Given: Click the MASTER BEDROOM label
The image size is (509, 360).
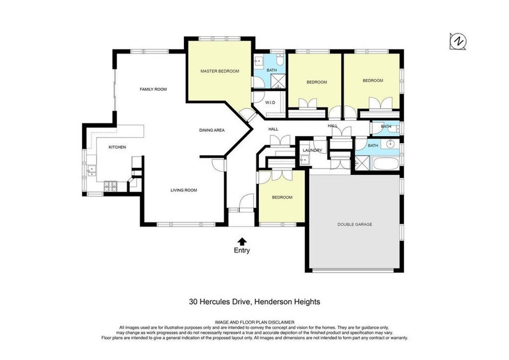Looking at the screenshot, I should pos(220,71).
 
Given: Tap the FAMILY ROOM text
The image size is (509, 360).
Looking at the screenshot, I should pos(153,89).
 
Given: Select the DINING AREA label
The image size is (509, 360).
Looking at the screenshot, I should pos(212,130).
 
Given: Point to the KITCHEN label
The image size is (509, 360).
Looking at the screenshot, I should pos(117,148).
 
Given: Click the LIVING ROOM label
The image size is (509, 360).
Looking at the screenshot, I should pos(183,190).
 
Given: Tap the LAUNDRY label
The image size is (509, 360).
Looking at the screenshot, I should pos(312,151).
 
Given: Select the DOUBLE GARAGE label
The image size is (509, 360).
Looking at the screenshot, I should pos(354,225).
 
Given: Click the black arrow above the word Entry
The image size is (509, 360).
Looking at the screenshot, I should pos(242,240).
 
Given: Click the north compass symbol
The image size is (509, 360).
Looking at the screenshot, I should pos(457,41).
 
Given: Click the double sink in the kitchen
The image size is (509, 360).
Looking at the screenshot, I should pos(92,170).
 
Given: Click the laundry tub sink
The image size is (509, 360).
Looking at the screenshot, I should pos(303,160).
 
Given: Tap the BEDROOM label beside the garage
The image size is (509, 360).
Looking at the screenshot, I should pos(282,198).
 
